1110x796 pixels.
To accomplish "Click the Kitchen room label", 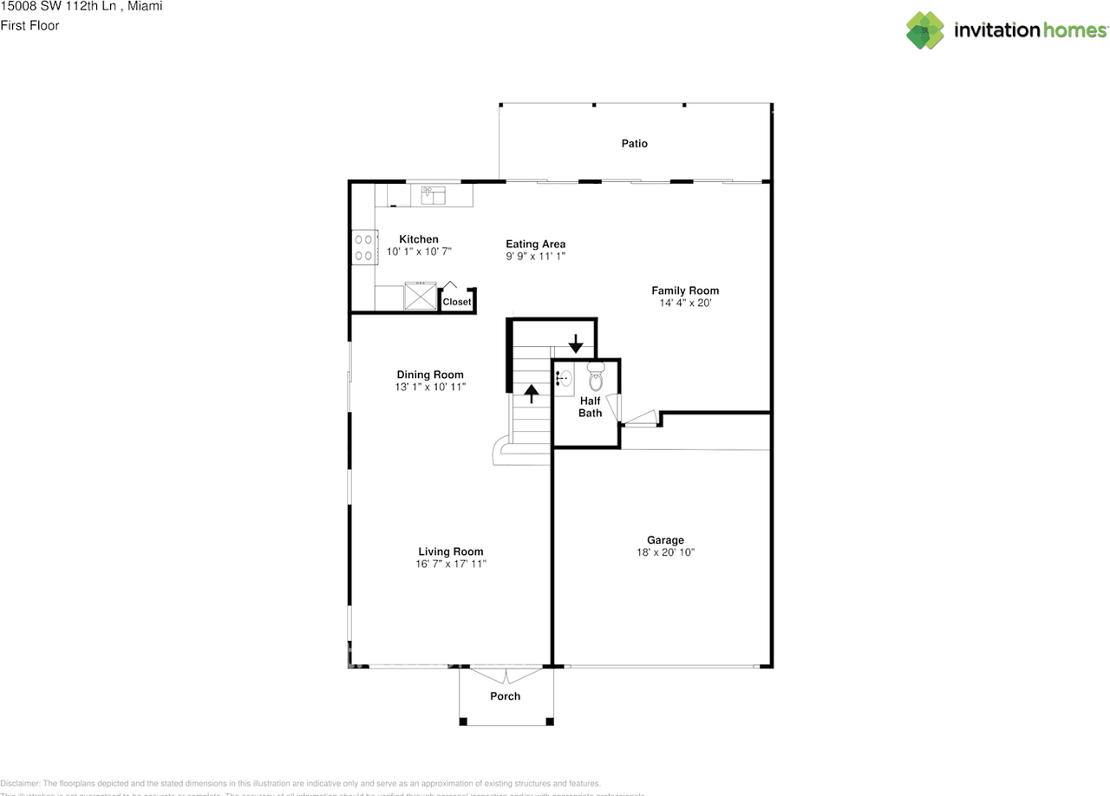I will (x=419, y=239).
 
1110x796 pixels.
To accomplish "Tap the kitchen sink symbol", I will (x=432, y=195).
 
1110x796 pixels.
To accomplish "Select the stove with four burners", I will (x=363, y=247).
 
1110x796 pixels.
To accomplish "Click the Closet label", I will (x=457, y=302).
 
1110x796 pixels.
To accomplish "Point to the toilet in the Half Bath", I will (x=596, y=379).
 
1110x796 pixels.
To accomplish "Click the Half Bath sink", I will (x=563, y=378).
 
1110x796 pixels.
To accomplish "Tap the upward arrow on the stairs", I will (x=531, y=395).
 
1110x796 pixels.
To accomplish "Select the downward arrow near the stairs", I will (x=575, y=343).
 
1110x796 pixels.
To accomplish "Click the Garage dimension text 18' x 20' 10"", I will (x=665, y=552).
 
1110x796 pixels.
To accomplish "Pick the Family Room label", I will (x=685, y=290).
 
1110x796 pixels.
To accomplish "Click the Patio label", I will (x=634, y=143).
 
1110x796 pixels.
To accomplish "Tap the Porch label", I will (x=506, y=696).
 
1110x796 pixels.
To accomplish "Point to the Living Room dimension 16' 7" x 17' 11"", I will (x=451, y=564).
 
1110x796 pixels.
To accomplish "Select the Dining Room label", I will (x=430, y=375).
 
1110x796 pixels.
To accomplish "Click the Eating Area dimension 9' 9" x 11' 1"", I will (x=536, y=257).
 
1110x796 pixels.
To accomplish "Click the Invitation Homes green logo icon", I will (x=925, y=30).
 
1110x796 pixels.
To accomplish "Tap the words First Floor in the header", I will (x=30, y=25).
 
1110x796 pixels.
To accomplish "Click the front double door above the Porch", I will (x=505, y=673).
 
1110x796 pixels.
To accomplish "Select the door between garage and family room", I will (x=640, y=421).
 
